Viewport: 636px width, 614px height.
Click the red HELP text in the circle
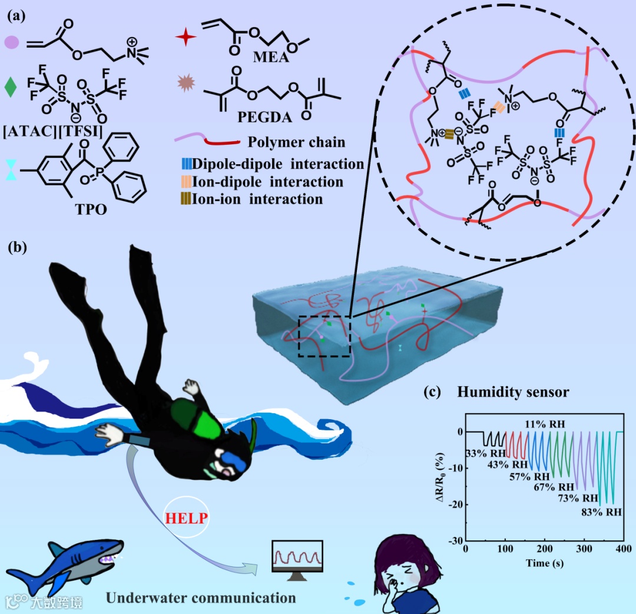[x=186, y=519]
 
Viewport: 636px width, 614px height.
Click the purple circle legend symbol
[x=12, y=42]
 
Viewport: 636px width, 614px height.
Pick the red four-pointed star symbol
[x=185, y=38]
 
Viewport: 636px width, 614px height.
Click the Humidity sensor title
[x=514, y=391]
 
